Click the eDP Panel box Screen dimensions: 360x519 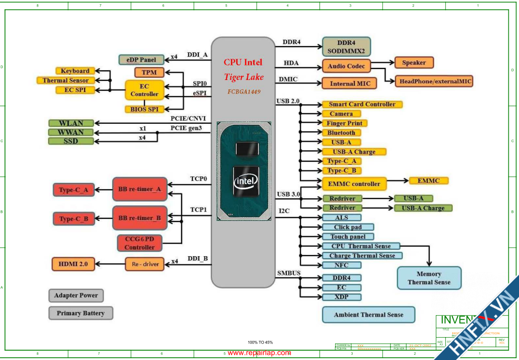pos(141,60)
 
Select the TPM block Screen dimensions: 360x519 pos(149,72)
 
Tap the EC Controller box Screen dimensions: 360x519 pos(144,90)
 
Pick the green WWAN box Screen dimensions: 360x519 pos(71,132)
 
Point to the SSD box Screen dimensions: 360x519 pos(71,141)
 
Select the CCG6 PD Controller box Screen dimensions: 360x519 pos(140,243)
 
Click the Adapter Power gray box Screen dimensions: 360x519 pos(76,295)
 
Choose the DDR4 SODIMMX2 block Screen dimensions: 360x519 pos(346,47)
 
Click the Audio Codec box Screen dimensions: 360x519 pos(346,66)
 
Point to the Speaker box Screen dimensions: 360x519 pos(414,63)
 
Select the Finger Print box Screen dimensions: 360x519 pos(344,123)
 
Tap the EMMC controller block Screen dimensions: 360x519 pos(355,184)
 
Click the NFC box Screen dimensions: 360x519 pos(341,265)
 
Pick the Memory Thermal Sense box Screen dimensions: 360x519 pos(429,278)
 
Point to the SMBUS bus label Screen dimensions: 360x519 pos(289,273)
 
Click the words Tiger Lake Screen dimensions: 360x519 pos(243,77)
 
